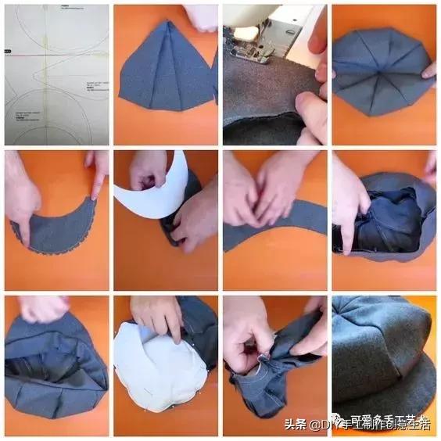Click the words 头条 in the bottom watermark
[294, 425]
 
